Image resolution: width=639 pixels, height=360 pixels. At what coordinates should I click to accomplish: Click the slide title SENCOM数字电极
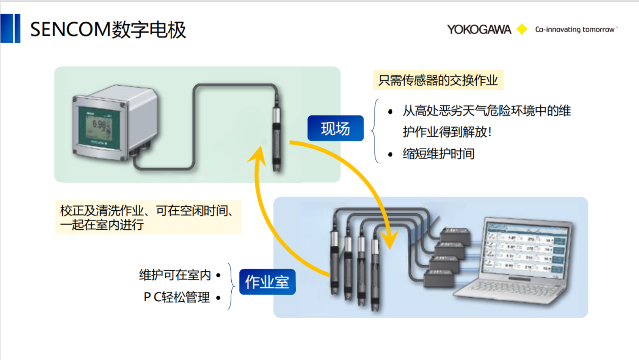click(x=108, y=30)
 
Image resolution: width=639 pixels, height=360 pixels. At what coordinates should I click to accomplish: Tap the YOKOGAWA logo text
click(x=479, y=30)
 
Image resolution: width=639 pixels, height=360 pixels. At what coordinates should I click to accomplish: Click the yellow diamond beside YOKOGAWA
click(x=522, y=29)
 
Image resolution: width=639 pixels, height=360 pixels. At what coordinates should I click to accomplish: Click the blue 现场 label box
click(x=335, y=128)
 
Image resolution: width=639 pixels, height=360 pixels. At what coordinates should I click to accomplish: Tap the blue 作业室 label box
click(x=267, y=282)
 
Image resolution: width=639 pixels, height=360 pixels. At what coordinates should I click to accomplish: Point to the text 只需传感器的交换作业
click(x=438, y=80)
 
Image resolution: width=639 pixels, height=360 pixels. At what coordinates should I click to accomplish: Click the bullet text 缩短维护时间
click(x=439, y=154)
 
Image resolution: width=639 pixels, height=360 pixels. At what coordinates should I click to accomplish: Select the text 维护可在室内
click(x=175, y=275)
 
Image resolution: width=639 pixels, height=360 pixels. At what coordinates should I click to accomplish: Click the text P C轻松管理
click(x=177, y=297)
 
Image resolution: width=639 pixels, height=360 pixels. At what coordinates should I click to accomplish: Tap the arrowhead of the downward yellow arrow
click(x=389, y=241)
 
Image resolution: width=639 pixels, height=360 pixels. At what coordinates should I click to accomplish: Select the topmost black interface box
click(x=455, y=235)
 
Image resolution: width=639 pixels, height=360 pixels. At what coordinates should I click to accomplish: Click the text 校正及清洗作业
click(x=102, y=211)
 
